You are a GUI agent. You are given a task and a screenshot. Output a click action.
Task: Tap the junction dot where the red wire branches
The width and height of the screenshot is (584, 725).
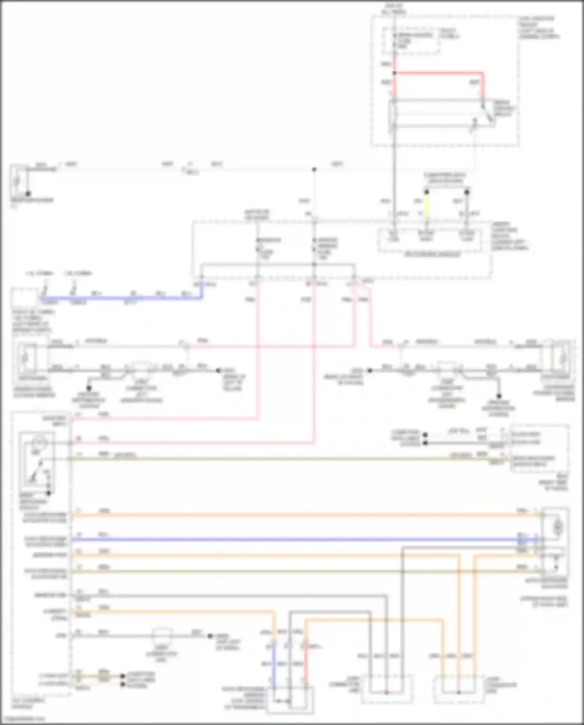[x=394, y=73]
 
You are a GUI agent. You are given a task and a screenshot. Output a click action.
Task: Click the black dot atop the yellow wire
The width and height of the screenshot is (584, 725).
[x=426, y=192]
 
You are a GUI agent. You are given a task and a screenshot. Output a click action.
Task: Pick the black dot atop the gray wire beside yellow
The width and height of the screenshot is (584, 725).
[x=467, y=192]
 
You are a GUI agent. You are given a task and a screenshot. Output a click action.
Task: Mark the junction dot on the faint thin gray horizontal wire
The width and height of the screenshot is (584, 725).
[x=314, y=169]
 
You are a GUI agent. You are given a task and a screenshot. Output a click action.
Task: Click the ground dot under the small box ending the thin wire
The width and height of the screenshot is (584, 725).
[x=28, y=194]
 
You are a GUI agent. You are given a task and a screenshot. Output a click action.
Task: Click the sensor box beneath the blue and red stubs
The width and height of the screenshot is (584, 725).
[x=290, y=700]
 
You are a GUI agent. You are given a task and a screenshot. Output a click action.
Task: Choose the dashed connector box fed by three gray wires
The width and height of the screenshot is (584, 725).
[x=387, y=690]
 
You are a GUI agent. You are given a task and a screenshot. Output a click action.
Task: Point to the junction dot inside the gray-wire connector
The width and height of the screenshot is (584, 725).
[x=387, y=693]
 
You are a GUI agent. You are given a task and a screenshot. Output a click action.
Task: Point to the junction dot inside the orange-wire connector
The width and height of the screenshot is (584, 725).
[x=459, y=693]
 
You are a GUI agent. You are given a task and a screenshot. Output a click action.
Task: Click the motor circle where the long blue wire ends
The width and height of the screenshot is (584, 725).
[x=558, y=528]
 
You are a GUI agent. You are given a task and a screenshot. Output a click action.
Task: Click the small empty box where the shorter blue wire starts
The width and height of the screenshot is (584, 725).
[x=24, y=298]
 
